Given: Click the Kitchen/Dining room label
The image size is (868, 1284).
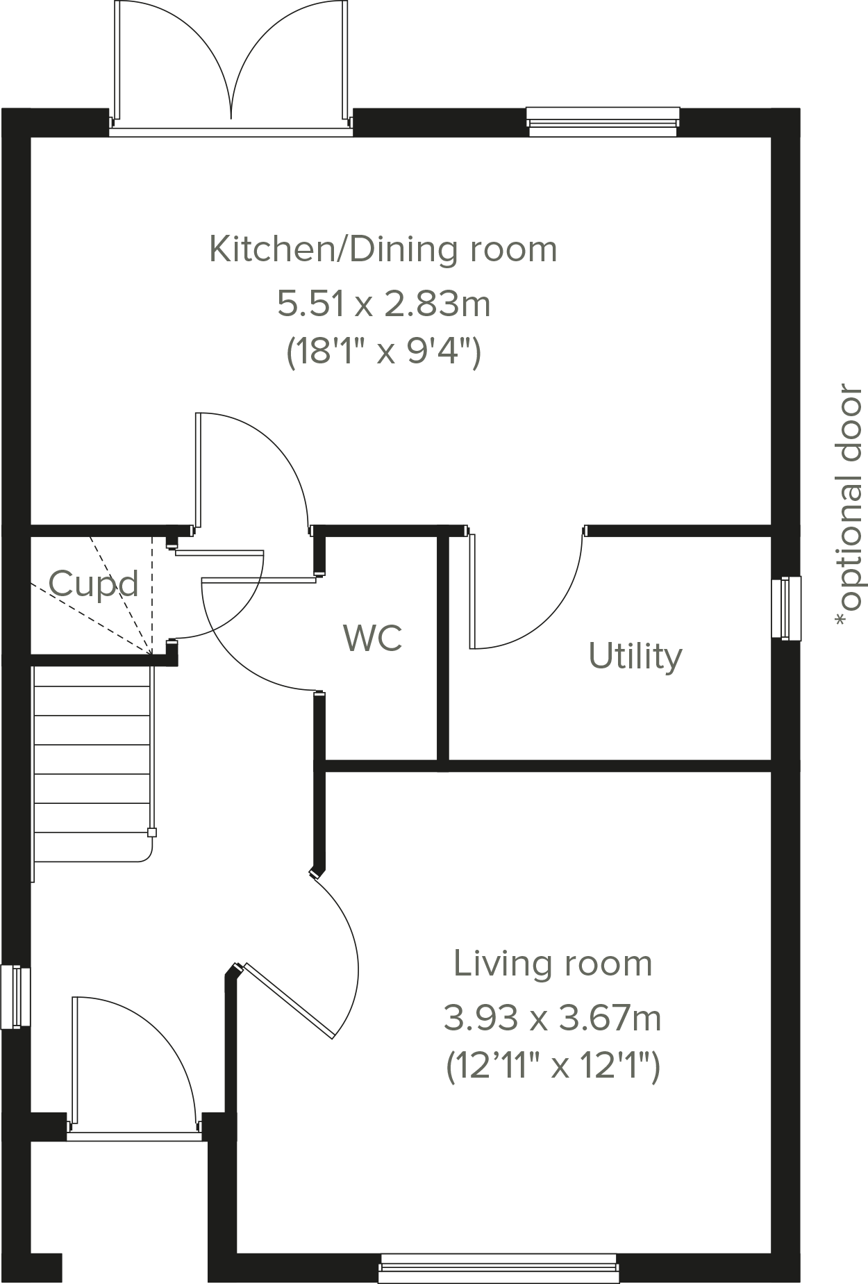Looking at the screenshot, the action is pos(383,249).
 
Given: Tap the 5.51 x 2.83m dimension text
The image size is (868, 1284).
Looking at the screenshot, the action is pos(384,304).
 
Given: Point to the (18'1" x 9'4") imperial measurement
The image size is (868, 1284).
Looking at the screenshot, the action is pos(384,353).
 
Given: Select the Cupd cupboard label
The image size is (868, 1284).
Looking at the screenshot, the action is pos(94,584).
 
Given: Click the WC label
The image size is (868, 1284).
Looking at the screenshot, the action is pos(373,638).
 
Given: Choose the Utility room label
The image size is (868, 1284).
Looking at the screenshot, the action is pos(635,655).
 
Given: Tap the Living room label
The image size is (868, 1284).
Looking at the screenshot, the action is pos(553,964).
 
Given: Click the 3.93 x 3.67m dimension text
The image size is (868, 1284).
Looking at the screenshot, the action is pos(553,1019).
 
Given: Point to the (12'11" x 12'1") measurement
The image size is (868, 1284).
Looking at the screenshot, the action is pos(553,1067).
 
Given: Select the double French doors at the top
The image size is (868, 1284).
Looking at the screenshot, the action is pos(231,66).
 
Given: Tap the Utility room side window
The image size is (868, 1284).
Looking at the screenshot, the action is pos(786,607).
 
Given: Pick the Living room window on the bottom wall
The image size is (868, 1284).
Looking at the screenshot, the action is pos(499,1267).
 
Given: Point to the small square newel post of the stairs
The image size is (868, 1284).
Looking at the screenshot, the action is pos(152,832).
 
